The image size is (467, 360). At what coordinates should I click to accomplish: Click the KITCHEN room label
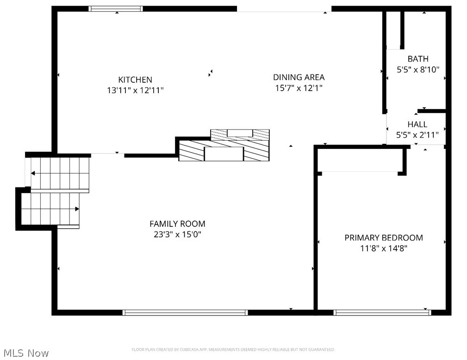135,80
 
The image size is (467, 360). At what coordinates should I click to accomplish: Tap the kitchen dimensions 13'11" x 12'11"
135,91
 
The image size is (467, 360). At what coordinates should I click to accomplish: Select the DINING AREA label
299,77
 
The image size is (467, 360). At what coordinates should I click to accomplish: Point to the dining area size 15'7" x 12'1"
299,88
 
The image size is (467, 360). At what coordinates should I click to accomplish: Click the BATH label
418,59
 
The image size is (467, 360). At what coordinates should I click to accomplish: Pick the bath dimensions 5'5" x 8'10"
418,70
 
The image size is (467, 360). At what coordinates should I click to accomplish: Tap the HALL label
417,124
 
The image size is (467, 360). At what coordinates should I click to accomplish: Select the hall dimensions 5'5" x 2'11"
417,135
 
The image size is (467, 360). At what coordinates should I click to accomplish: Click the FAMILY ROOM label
177,224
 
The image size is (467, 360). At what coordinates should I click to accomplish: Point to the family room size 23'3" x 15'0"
177,235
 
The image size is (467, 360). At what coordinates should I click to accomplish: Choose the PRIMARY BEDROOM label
384,238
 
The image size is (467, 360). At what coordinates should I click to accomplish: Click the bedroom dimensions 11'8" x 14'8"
384,248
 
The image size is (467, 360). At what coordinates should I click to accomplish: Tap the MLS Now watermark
25,353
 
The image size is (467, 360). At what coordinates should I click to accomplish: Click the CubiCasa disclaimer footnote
233,350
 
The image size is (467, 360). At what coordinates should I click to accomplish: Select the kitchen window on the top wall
116,8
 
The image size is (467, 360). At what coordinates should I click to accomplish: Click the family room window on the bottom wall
185,313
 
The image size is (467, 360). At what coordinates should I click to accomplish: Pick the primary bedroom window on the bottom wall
382,313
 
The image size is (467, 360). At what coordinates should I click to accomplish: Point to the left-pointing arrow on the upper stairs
33,173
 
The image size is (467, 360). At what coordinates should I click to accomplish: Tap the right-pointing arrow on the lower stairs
77,209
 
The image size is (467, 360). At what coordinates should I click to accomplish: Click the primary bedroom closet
360,160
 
